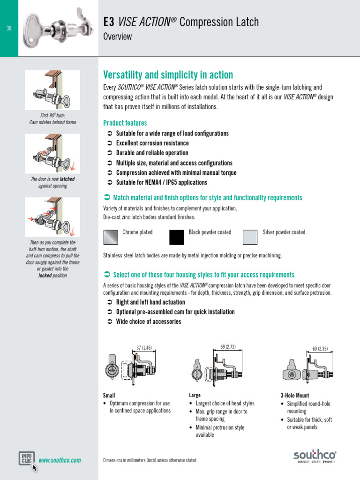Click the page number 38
click(x=9, y=29)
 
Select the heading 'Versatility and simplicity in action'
click(x=167, y=75)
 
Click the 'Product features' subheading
click(x=125, y=123)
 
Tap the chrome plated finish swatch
click(x=111, y=237)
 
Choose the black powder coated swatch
click(x=177, y=237)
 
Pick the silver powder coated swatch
click(x=250, y=237)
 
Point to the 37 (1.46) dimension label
click(x=144, y=348)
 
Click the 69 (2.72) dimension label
click(x=228, y=347)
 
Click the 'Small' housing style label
click(x=109, y=396)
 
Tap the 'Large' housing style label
click(x=195, y=396)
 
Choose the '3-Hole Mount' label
click(x=294, y=396)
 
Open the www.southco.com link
click(x=60, y=460)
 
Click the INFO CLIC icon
click(x=26, y=458)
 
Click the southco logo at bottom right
click(x=315, y=455)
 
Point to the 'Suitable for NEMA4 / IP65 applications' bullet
click(x=161, y=182)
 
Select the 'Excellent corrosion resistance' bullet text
click(x=152, y=143)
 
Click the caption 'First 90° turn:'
click(x=52, y=115)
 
